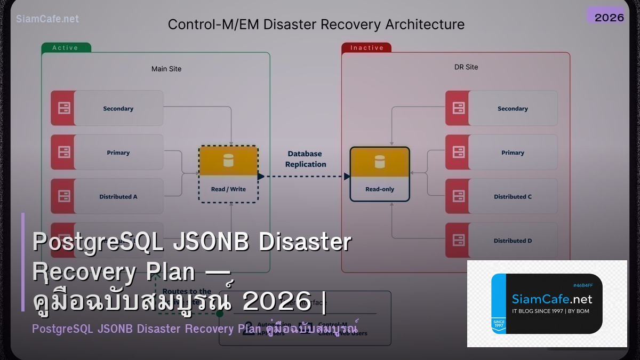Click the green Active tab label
click(66, 48)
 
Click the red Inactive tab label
click(366, 48)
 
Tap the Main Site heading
click(166, 69)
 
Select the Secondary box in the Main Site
click(118, 108)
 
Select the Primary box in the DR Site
click(512, 153)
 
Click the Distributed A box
click(118, 196)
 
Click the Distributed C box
click(512, 196)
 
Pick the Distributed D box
click(512, 241)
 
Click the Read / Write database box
click(228, 174)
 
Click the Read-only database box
click(380, 174)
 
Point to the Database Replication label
click(306, 159)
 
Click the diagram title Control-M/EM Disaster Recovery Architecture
click(316, 25)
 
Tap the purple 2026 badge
click(609, 17)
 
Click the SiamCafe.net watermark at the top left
click(47, 19)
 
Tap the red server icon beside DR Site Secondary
click(458, 108)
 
